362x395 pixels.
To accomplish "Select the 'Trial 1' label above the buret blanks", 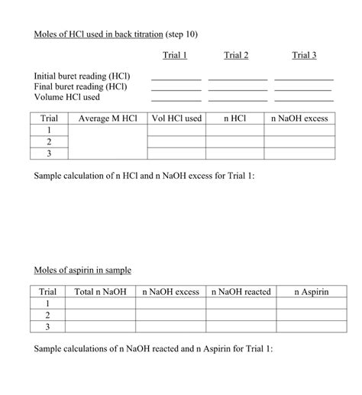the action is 175,55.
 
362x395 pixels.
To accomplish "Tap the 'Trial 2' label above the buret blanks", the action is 236,55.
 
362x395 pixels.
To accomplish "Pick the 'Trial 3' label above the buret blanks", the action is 304,55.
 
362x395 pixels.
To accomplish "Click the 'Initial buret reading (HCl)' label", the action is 82,76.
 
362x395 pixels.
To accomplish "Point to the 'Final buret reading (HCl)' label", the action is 79,87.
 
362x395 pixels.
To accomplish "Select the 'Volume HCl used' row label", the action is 67,98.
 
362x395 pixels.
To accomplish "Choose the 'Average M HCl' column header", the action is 108,119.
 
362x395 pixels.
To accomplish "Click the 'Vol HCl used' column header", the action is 176,119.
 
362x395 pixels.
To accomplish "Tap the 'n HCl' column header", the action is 234,119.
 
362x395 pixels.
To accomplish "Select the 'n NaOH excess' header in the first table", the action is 299,119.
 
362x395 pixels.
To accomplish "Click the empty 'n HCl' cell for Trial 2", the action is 234,142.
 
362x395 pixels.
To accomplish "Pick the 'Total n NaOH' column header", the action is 100,293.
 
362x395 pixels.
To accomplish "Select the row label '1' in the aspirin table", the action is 48,304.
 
